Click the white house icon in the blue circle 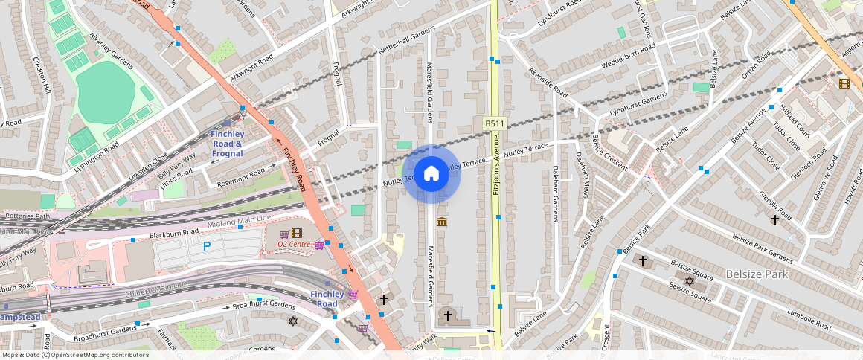point(431,174)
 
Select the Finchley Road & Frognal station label point(227,144)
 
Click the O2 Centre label point(294,244)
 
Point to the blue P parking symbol point(207,246)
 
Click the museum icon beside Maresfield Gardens point(442,222)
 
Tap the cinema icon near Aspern point(843,83)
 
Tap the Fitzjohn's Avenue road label point(494,171)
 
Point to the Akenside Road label point(547,83)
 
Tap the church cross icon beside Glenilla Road point(775,219)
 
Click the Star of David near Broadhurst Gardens point(292,321)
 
